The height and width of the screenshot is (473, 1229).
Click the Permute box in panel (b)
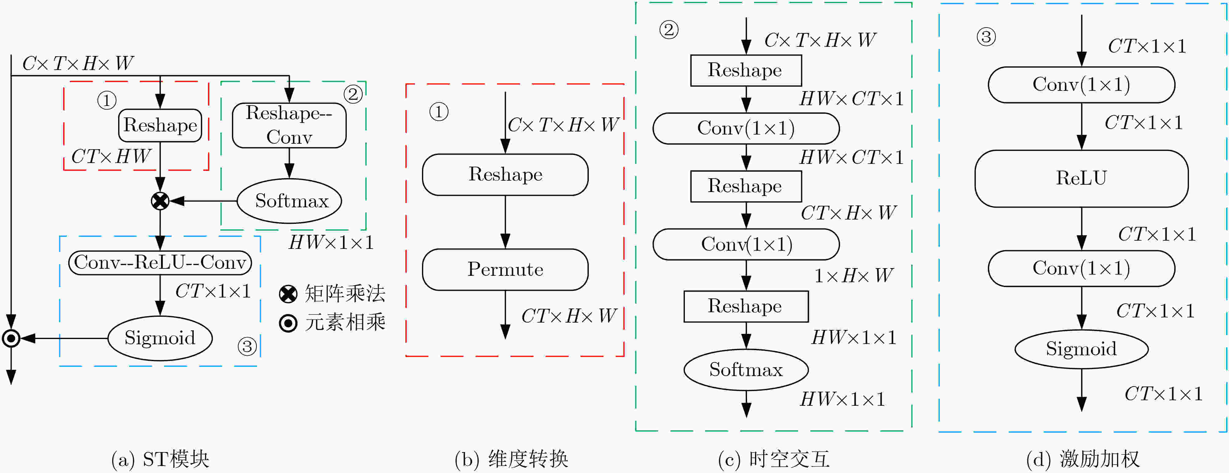coord(505,269)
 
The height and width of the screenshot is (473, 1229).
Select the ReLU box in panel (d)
coord(1081,178)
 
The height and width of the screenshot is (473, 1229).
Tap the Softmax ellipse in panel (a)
coord(290,201)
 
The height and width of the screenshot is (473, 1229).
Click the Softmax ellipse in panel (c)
coord(746,370)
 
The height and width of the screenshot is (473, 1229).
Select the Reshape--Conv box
coord(289,125)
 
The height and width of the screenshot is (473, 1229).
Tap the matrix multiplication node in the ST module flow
coord(160,201)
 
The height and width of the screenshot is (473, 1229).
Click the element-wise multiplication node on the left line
coord(11,338)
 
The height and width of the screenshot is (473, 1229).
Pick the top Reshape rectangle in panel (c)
coord(746,71)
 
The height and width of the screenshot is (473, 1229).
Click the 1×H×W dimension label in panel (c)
coord(854,275)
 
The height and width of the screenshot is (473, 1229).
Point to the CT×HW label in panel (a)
coord(111,157)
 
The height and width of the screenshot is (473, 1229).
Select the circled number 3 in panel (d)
coord(986,37)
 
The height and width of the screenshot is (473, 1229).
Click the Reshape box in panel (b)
coord(505,175)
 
